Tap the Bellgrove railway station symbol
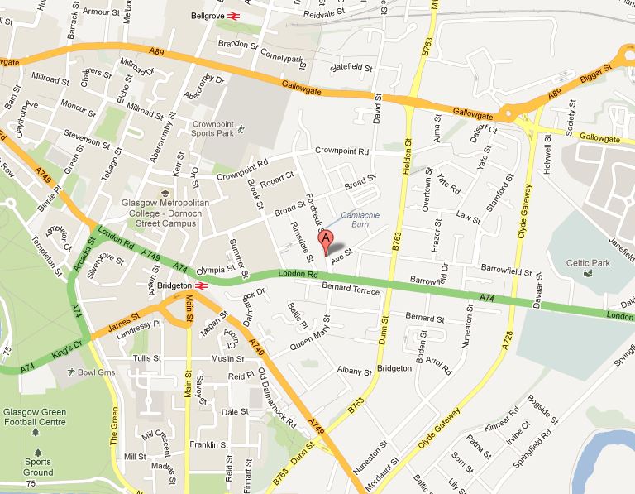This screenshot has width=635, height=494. (x=234, y=15)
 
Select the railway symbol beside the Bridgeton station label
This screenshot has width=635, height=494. (x=201, y=286)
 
